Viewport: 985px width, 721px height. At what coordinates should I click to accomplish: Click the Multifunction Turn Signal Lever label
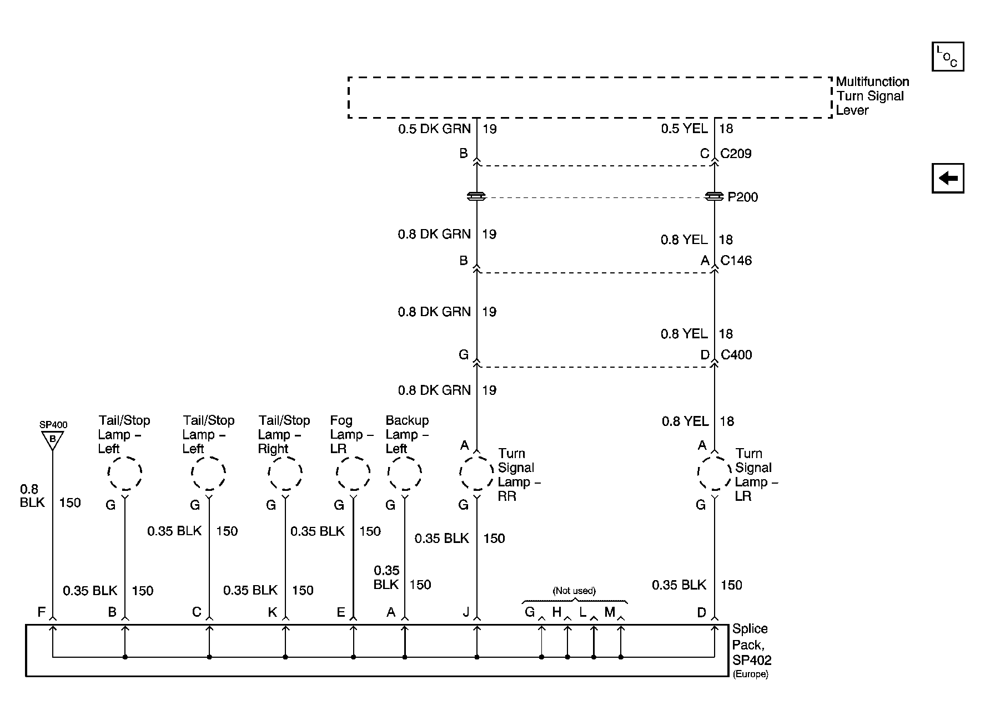[x=872, y=96]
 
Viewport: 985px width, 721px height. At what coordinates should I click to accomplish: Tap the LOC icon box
[x=947, y=57]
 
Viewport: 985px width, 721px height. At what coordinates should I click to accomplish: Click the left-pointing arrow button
[x=947, y=178]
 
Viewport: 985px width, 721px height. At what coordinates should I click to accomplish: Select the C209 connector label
[x=736, y=154]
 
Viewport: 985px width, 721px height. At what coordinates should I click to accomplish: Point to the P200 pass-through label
[x=742, y=197]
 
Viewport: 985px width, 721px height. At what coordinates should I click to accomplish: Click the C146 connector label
[x=736, y=260]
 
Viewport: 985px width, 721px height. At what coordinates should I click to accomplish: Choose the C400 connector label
[x=736, y=354]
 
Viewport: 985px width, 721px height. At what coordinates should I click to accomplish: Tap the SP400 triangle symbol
[x=53, y=440]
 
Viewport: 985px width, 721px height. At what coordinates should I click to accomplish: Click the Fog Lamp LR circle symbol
[x=353, y=474]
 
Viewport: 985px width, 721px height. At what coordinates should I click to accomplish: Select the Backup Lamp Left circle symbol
[x=405, y=474]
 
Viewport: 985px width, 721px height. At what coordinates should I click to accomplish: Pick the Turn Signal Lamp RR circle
[x=476, y=474]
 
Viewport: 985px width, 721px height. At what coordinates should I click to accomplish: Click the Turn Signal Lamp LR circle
[x=714, y=474]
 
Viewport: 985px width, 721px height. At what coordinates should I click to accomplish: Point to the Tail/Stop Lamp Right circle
[x=285, y=474]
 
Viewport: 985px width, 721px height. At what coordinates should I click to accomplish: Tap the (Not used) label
[x=574, y=591]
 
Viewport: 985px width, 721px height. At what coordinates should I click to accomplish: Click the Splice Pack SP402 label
[x=751, y=644]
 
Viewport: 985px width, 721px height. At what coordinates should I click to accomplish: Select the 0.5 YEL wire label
[x=684, y=129]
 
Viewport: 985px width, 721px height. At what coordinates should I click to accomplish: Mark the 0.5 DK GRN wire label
[x=434, y=129]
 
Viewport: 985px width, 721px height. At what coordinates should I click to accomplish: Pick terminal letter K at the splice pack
[x=272, y=612]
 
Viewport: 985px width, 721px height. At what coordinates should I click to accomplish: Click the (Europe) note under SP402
[x=750, y=674]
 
